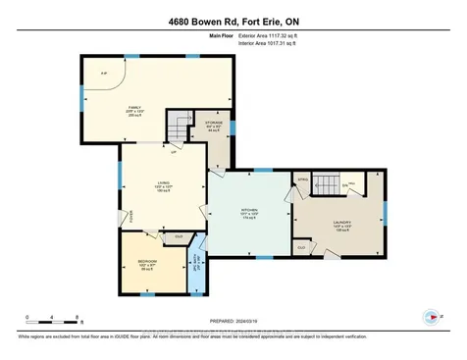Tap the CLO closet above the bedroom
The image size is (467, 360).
[x=178, y=236]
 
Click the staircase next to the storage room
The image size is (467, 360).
[x=178, y=127]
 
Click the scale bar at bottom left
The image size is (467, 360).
[x=54, y=321]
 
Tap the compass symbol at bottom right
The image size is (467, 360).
[x=429, y=317]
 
